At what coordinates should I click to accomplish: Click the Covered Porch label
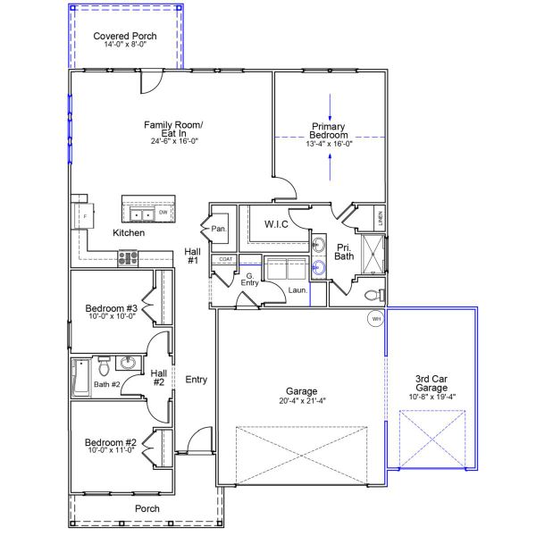(125, 36)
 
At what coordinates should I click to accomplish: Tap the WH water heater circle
(376, 319)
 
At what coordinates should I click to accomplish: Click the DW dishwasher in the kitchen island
(163, 213)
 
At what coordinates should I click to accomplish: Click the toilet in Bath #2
(104, 364)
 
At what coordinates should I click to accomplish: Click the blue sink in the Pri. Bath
(319, 266)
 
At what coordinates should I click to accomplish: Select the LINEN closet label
(380, 217)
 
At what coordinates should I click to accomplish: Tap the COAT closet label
(226, 259)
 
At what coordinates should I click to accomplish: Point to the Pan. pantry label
(219, 229)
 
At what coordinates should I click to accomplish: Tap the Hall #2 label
(158, 378)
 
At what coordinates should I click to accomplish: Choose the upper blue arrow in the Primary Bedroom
(331, 105)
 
